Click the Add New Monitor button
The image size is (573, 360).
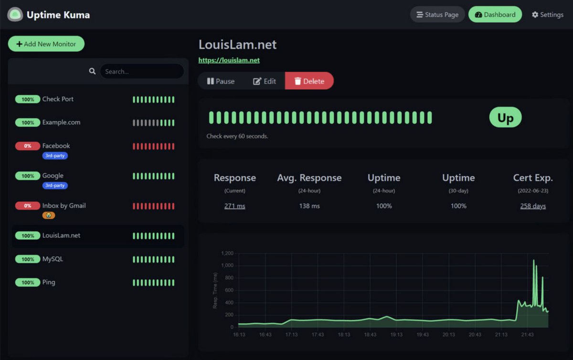46,44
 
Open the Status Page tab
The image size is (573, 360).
437,14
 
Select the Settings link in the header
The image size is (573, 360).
547,15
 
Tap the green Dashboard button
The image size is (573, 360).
495,14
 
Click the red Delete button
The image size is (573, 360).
309,81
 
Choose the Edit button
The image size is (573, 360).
265,81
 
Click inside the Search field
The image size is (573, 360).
141,72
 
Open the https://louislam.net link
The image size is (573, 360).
229,60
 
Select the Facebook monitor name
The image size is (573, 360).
56,146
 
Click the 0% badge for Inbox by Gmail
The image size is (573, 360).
28,206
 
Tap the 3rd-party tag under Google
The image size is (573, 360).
55,185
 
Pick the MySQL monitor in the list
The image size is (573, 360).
53,259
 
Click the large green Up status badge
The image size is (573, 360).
505,117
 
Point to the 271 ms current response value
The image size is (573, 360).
234,206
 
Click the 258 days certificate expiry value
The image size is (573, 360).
533,206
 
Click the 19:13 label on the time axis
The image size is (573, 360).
397,335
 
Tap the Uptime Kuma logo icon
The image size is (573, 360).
15,15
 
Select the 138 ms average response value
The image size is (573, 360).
309,206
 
